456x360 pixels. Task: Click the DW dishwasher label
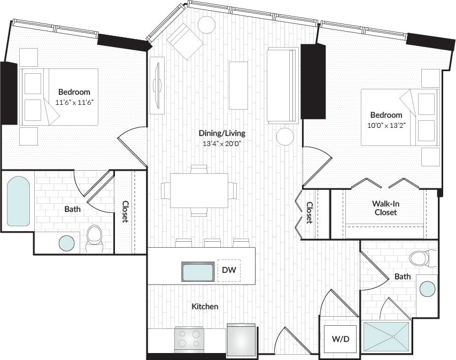point(229,271)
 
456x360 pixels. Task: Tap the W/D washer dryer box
point(341,339)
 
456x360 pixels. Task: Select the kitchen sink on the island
point(198,272)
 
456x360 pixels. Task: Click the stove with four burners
point(189,339)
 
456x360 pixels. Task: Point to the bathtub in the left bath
point(18,201)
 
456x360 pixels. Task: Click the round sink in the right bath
point(427,289)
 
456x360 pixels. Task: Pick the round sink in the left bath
point(67,243)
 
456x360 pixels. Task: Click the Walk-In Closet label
point(385,208)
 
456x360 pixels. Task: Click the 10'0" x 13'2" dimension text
point(387,125)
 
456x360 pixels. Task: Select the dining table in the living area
point(199,190)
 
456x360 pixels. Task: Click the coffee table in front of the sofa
point(238,85)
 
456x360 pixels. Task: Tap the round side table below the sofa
point(285,136)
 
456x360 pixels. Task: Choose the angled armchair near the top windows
point(184,40)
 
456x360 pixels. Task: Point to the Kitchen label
point(205,307)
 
